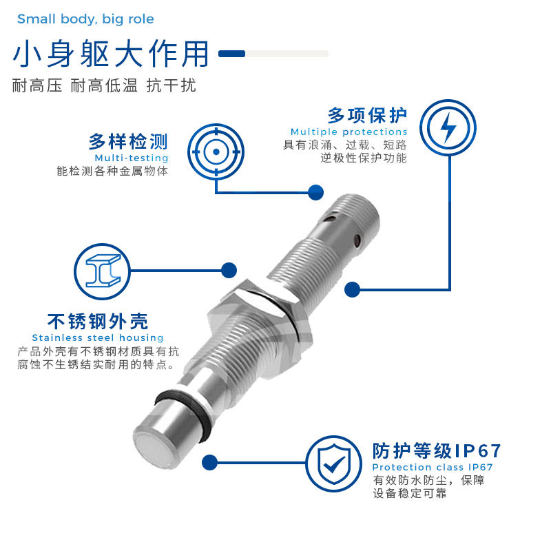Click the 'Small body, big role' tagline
(x=85, y=19)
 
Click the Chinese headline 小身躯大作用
(x=111, y=54)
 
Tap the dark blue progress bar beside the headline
(x=232, y=53)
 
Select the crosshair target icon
(x=216, y=150)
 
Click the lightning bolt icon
(x=447, y=127)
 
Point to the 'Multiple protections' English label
(x=349, y=132)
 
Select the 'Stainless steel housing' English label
(x=98, y=337)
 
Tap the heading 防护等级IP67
(x=437, y=451)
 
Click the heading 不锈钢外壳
(x=97, y=321)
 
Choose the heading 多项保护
(x=367, y=114)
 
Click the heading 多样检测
(x=128, y=142)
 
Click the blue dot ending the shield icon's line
(x=210, y=462)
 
